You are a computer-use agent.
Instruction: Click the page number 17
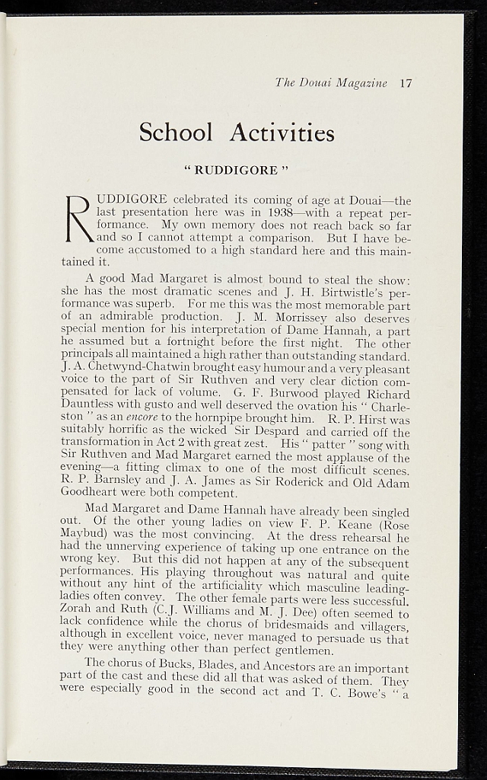pyautogui.click(x=405, y=83)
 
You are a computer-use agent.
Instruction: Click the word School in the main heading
pyautogui.click(x=176, y=133)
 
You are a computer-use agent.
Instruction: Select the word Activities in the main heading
pyautogui.click(x=282, y=133)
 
